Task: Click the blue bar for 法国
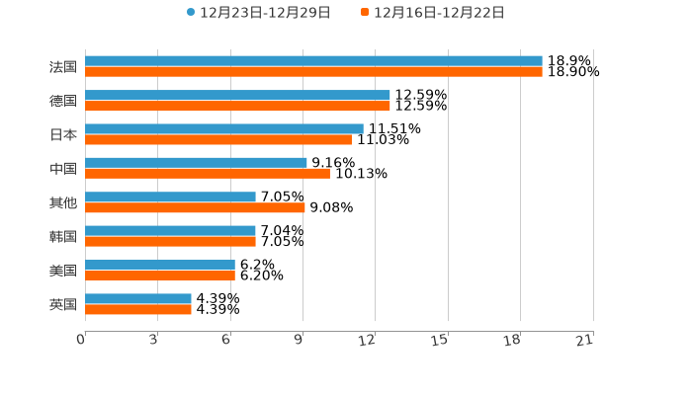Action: (x=313, y=61)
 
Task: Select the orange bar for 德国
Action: (x=237, y=106)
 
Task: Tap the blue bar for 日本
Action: (x=224, y=128)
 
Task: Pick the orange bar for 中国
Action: (x=208, y=174)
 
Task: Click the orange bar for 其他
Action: (x=195, y=207)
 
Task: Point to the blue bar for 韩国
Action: (x=170, y=230)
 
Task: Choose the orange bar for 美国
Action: (x=160, y=276)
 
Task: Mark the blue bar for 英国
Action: (x=138, y=298)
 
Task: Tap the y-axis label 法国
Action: (x=63, y=67)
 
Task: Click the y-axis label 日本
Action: (x=63, y=134)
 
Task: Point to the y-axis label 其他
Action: (x=63, y=202)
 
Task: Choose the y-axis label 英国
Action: (x=63, y=304)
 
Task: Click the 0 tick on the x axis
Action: (x=81, y=340)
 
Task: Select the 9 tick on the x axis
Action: (x=299, y=340)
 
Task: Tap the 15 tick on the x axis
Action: (x=440, y=340)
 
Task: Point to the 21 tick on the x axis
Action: (x=585, y=340)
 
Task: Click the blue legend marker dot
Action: (x=191, y=13)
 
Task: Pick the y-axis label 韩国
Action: (x=63, y=236)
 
